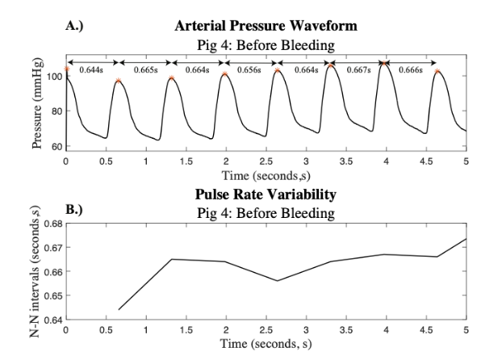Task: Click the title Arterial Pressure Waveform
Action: tap(266, 27)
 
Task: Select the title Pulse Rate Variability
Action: tap(266, 195)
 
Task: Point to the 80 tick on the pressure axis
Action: tap(56, 111)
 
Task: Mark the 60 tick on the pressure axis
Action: tap(56, 147)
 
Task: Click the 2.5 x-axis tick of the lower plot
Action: tap(266, 331)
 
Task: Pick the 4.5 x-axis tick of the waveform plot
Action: tap(425, 161)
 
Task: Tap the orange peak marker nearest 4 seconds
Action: tap(383, 61)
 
